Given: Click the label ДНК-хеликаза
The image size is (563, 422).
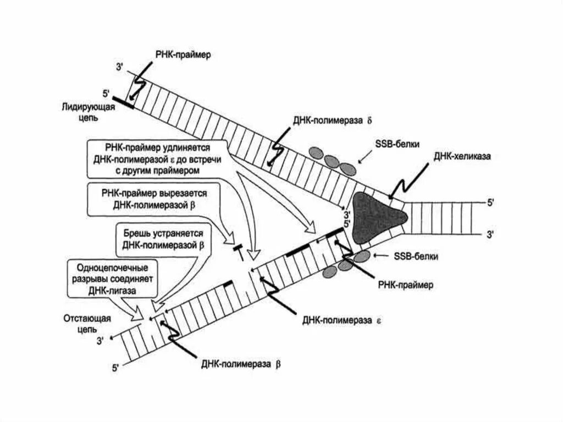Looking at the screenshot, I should tap(461, 156).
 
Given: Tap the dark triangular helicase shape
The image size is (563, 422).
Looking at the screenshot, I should tap(379, 217).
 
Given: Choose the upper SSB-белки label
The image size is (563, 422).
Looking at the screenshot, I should tap(392, 144).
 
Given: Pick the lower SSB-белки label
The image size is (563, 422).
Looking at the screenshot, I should tap(416, 256).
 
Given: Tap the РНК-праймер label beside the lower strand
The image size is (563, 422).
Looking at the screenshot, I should tap(406, 286).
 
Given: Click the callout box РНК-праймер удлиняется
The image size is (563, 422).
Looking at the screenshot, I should tap(157, 159).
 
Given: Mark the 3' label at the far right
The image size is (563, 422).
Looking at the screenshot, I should tap(491, 234).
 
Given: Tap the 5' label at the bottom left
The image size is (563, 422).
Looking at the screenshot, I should tap(115, 366).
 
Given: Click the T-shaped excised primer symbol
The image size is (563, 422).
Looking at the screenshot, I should tap(239, 250).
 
